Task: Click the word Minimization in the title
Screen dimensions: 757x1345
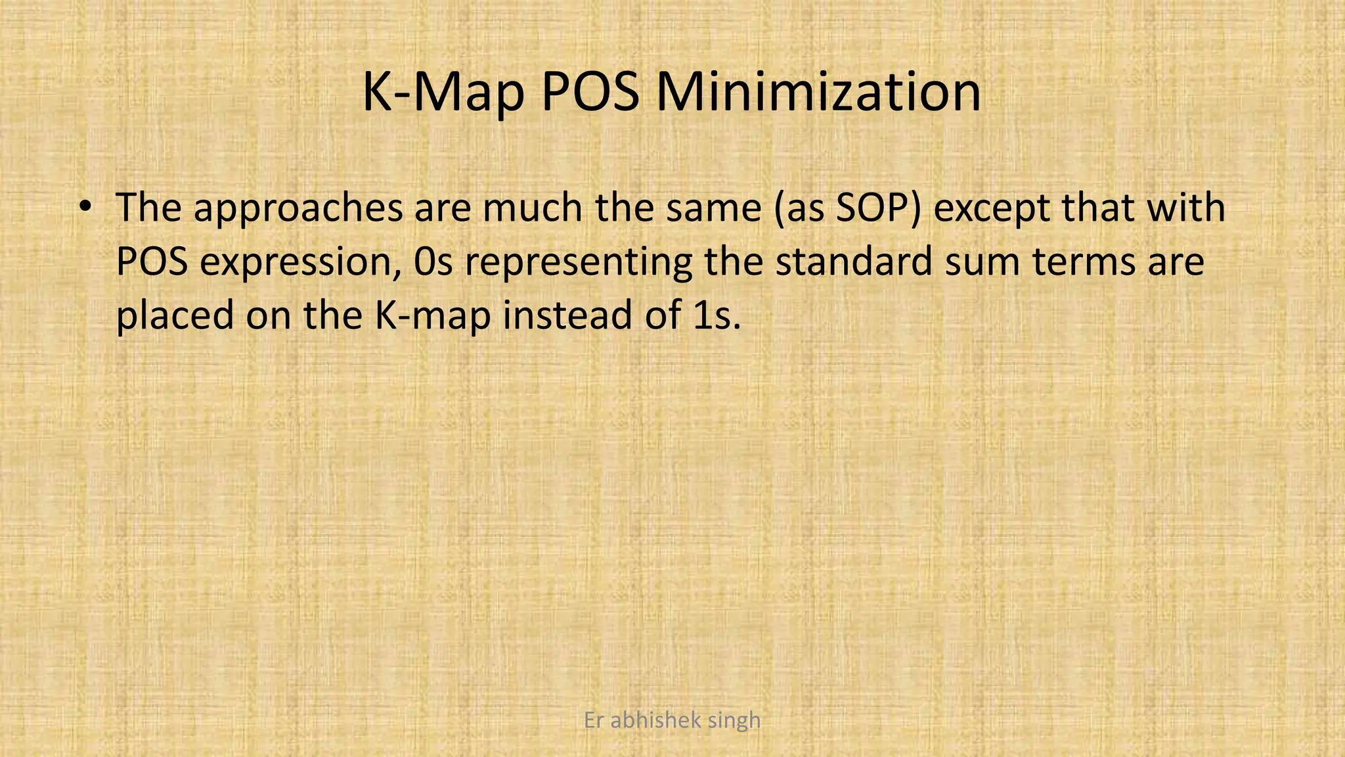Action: (818, 92)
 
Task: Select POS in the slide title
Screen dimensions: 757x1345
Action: (589, 92)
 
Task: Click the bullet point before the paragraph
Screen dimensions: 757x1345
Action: (83, 207)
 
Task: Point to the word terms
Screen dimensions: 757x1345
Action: (1084, 262)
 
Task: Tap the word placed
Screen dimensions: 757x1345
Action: (175, 315)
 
